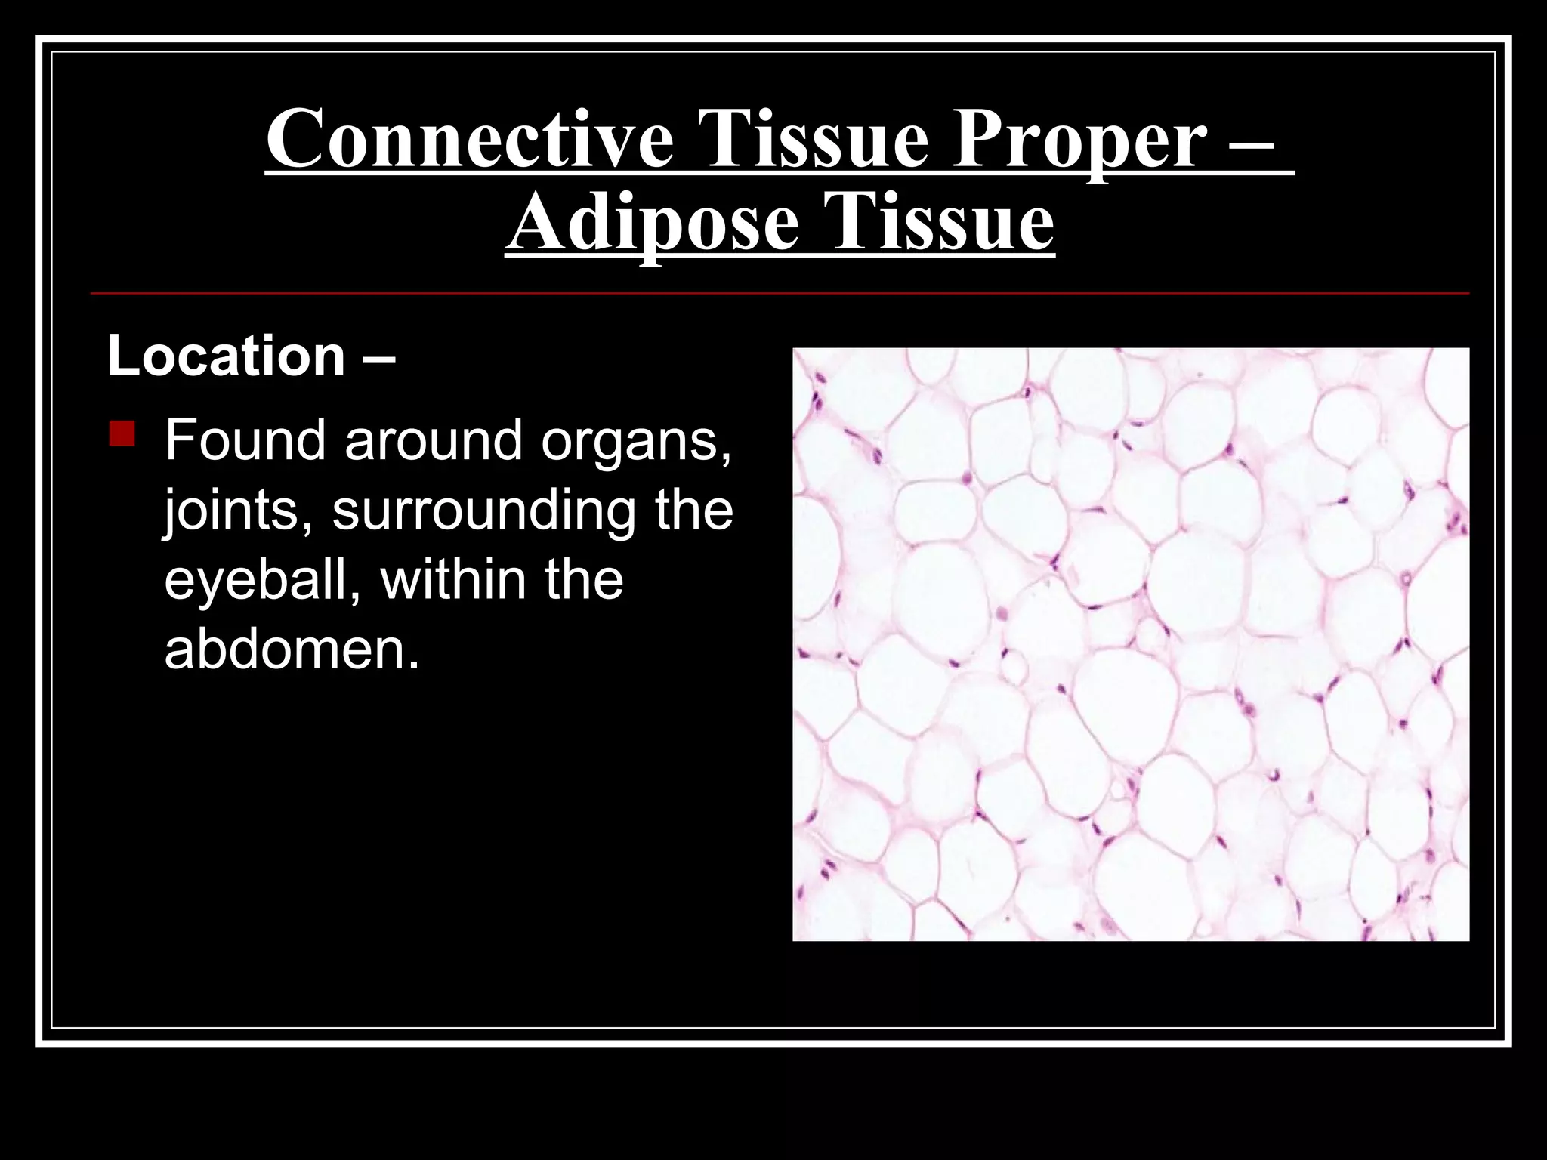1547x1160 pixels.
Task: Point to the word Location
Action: [x=227, y=356]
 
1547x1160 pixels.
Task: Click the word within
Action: [x=453, y=579]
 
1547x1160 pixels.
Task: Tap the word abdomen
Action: [x=291, y=649]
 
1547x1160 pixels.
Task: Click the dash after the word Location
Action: [x=378, y=357]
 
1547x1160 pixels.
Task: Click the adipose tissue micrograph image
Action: [x=1130, y=643]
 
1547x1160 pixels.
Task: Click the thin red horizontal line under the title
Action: [x=780, y=292]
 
